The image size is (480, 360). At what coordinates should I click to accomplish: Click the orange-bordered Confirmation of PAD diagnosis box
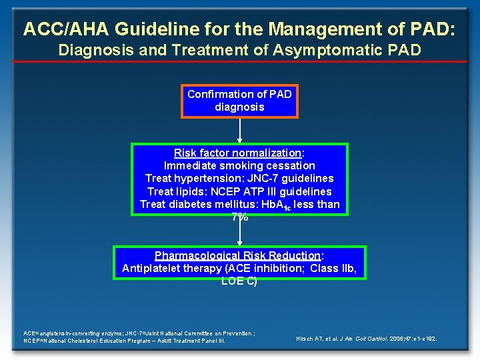239,101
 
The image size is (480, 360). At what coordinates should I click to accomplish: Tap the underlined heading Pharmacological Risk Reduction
237,255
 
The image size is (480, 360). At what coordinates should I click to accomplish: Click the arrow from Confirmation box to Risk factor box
239,131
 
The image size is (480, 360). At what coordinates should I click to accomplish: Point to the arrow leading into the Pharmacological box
239,233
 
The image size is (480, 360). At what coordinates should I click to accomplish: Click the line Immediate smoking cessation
239,165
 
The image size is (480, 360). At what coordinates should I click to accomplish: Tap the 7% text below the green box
239,217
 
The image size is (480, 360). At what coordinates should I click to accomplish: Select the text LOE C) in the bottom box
239,281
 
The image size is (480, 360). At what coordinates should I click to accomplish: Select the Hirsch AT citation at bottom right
366,339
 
